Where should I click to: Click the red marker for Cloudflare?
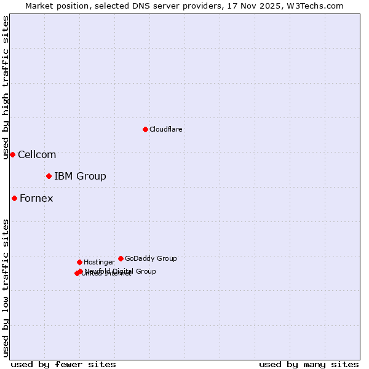(145, 129)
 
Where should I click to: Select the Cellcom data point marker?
(12, 154)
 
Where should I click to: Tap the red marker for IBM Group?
(49, 177)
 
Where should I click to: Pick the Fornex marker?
(14, 198)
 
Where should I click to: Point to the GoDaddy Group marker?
(121, 258)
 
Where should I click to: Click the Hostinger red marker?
(79, 262)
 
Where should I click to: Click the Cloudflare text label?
(165, 129)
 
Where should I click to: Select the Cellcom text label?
(37, 154)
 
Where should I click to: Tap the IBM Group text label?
(80, 177)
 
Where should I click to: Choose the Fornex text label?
(36, 198)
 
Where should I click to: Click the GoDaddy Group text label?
(151, 258)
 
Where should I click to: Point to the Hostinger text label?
(99, 262)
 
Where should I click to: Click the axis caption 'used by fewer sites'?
(63, 364)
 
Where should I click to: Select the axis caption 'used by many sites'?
(309, 364)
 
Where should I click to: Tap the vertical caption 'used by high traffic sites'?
(6, 87)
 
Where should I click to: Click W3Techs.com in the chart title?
(313, 6)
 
